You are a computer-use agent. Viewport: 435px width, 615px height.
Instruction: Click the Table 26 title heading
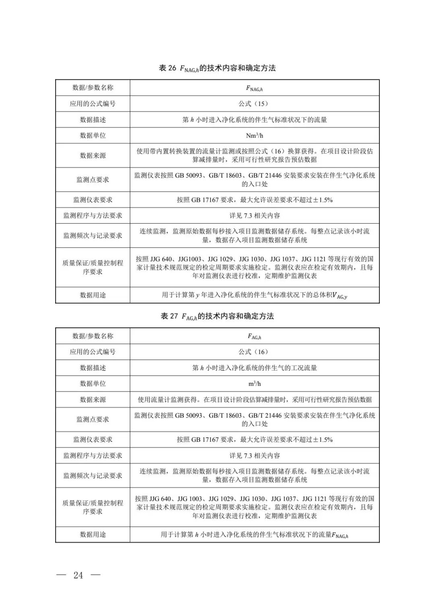(x=217, y=68)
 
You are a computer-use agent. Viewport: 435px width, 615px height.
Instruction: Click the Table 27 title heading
(x=217, y=316)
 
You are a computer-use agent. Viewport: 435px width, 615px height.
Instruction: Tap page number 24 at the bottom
(x=78, y=575)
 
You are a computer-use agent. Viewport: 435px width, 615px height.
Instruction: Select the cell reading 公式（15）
(x=254, y=104)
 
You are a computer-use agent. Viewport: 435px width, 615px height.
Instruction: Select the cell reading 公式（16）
(x=254, y=352)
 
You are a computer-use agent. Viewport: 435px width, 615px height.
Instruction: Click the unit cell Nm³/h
(x=254, y=135)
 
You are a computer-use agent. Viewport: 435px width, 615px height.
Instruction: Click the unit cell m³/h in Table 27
(x=254, y=383)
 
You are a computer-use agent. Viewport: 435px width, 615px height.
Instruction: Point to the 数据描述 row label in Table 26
(x=93, y=120)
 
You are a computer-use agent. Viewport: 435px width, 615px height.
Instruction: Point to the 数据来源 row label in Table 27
(x=93, y=400)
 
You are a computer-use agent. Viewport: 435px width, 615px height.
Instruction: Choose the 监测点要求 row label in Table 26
(x=93, y=180)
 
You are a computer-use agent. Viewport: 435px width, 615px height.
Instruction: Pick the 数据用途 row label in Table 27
(x=93, y=534)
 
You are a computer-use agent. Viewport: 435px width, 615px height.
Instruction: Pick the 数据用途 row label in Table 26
(x=93, y=295)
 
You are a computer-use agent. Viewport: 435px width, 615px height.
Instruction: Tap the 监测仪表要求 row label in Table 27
(x=93, y=439)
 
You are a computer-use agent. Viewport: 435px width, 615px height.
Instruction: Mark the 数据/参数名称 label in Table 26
(x=93, y=88)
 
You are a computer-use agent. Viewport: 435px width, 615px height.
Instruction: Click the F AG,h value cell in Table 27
(x=254, y=336)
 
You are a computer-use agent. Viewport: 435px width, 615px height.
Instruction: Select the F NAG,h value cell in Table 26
(x=254, y=88)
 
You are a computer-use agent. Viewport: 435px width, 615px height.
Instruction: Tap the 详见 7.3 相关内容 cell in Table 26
(x=254, y=215)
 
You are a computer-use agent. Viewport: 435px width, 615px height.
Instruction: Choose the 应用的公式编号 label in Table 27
(x=93, y=352)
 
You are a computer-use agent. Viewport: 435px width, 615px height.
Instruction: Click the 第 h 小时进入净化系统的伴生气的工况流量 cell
(x=254, y=368)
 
